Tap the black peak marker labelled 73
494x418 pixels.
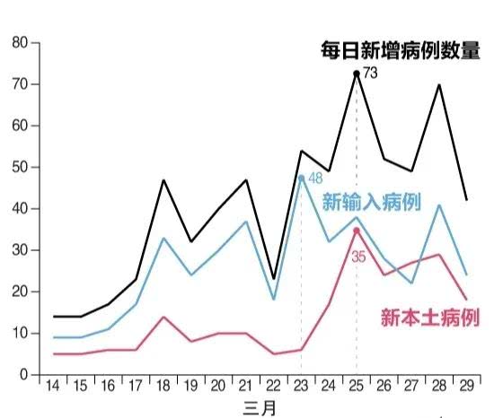357,73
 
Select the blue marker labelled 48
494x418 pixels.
301,177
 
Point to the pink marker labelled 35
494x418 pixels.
357,230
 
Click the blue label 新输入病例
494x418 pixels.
371,201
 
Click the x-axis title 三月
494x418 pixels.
259,407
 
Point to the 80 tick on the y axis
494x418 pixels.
21,42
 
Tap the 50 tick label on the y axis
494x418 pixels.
21,167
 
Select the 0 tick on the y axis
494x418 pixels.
24,375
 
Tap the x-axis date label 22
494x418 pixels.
273,386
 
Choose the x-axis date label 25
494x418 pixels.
357,386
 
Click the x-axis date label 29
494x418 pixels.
467,386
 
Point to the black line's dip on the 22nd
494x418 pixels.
273,279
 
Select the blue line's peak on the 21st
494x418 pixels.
245,221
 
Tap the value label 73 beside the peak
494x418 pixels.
371,72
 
